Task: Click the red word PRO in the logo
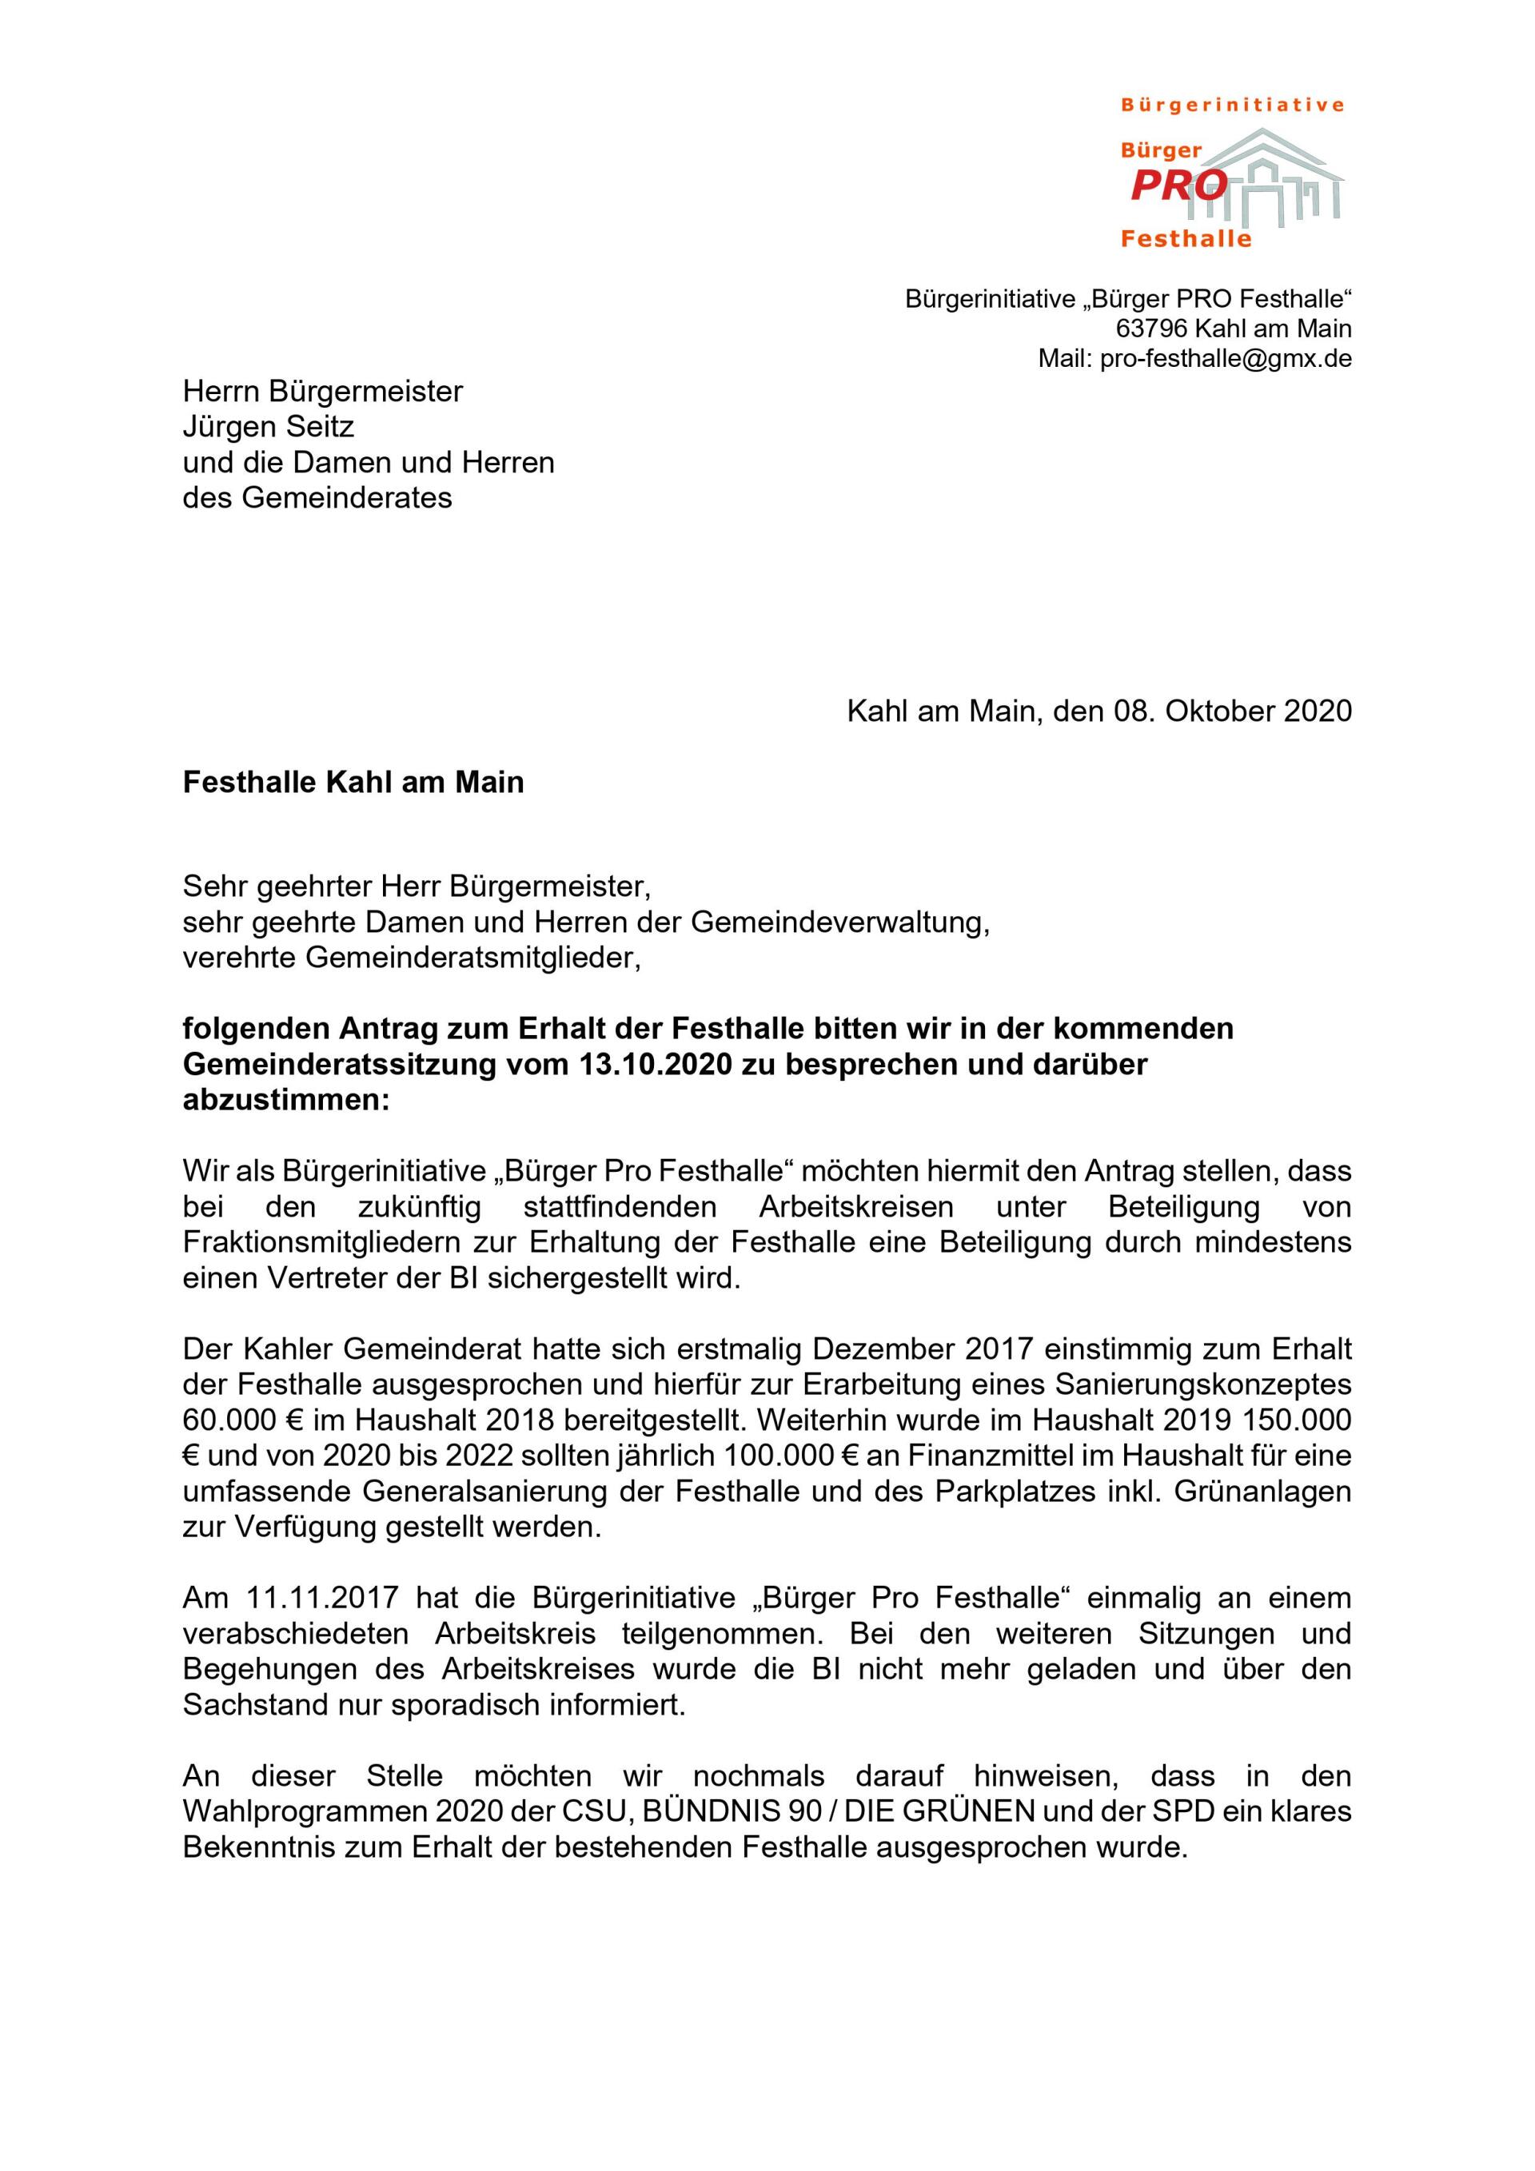click(x=1178, y=186)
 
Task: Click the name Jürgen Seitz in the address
click(x=269, y=427)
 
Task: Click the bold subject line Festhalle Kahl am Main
click(x=353, y=783)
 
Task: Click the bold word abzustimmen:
click(x=285, y=1101)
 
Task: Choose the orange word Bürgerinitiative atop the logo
click(x=1232, y=105)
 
